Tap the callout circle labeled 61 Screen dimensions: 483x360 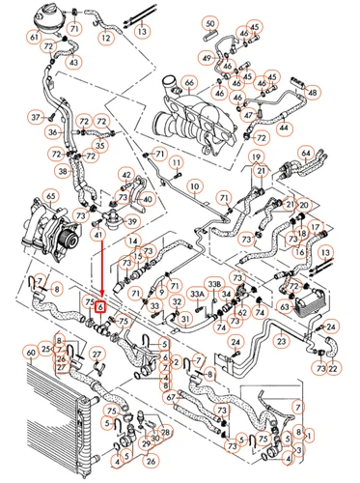pos(34,38)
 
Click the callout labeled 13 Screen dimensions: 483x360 pos(142,31)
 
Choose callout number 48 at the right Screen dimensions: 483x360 pos(311,93)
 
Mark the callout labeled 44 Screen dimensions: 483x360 pos(282,127)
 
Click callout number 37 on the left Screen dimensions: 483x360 pos(36,117)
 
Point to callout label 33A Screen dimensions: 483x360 pos(196,293)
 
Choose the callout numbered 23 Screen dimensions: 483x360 pos(281,340)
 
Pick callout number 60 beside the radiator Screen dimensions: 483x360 pos(30,354)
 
